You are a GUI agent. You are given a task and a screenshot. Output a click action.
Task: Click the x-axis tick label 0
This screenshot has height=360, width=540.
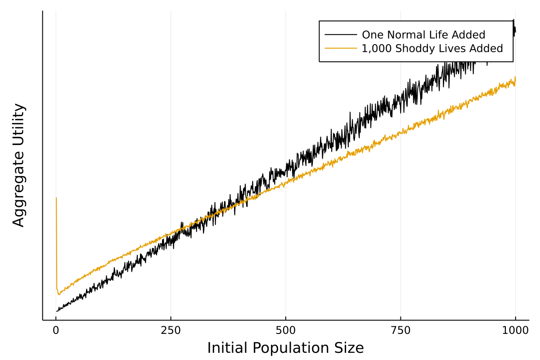pyautogui.click(x=56, y=330)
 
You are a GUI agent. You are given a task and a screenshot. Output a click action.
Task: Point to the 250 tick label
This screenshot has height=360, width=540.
pyautogui.click(x=171, y=330)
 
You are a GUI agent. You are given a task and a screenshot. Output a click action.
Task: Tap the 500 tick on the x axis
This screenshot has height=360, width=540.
pyautogui.click(x=286, y=330)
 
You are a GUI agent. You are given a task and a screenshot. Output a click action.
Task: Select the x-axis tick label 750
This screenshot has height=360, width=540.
pyautogui.click(x=400, y=330)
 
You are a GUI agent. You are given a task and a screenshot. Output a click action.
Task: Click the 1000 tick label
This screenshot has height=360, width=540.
pyautogui.click(x=515, y=330)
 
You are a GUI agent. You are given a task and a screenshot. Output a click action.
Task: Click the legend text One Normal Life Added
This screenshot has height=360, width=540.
pyautogui.click(x=423, y=35)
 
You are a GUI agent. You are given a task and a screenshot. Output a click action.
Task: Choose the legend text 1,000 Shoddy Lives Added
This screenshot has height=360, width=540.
pyautogui.click(x=432, y=48)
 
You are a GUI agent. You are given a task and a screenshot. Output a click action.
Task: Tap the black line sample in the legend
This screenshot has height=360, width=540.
pyautogui.click(x=341, y=35)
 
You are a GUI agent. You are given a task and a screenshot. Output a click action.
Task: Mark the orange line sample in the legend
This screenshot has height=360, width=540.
pyautogui.click(x=341, y=48)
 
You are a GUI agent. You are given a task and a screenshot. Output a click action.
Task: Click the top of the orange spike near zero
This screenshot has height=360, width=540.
pyautogui.click(x=56, y=198)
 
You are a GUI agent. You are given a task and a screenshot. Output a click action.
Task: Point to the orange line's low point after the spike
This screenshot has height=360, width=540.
pyautogui.click(x=58, y=294)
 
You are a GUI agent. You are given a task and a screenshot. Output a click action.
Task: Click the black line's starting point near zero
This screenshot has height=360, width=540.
pyautogui.click(x=57, y=311)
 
